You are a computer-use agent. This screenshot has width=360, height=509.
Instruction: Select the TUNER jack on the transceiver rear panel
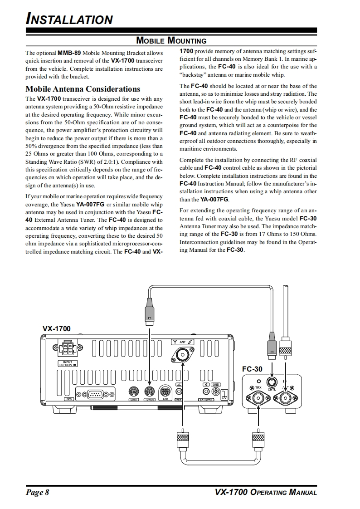click(149, 391)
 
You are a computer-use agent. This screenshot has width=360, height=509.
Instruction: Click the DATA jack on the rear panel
click(134, 391)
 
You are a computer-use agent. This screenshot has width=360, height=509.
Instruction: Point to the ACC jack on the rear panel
click(165, 391)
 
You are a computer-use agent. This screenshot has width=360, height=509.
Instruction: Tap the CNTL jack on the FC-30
click(272, 382)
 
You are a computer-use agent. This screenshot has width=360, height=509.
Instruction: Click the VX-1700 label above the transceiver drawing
click(57, 328)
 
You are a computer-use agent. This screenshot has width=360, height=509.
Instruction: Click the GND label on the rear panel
click(215, 385)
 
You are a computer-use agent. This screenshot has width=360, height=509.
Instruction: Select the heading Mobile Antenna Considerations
click(83, 89)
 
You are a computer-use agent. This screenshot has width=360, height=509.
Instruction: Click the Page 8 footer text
click(37, 493)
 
